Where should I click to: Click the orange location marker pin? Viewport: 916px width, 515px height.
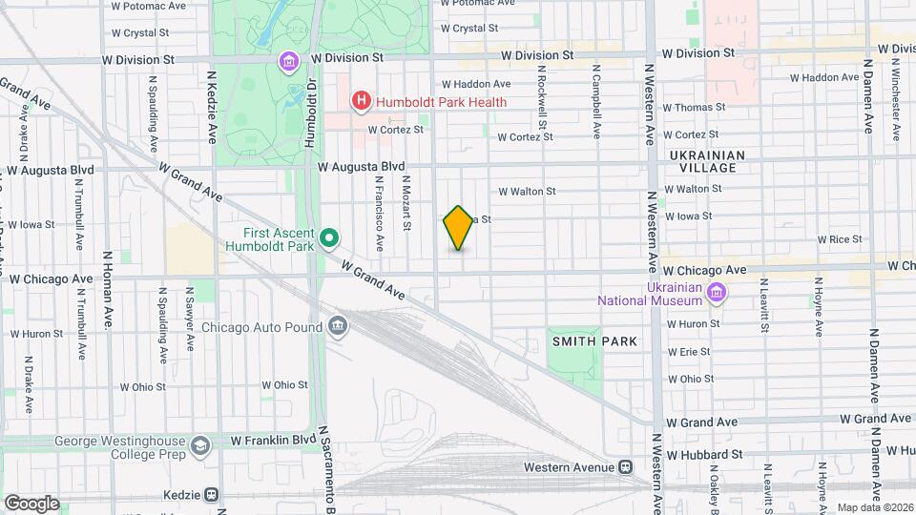point(459,228)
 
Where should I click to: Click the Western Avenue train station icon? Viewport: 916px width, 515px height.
point(626,467)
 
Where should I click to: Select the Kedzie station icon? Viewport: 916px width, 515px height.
point(211,495)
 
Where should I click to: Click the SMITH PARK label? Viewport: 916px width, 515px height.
point(593,341)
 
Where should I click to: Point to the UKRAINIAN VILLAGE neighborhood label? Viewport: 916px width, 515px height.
point(703,160)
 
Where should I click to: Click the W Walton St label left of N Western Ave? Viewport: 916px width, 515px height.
point(527,192)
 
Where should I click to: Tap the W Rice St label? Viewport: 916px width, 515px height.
point(840,239)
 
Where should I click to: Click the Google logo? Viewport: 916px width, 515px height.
point(31,503)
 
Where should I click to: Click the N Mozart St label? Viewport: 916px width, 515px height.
point(406,202)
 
